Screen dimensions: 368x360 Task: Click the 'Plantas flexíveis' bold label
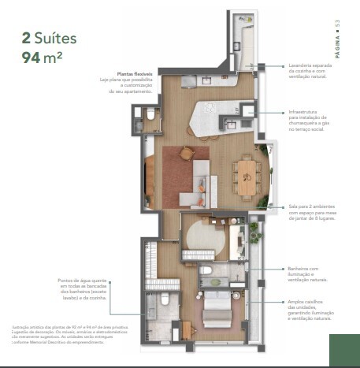(134, 72)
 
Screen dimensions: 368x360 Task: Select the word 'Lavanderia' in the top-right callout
(302, 66)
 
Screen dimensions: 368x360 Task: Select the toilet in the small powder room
(150, 115)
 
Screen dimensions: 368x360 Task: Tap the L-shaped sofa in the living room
(196, 181)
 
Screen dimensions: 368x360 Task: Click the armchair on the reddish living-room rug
(186, 153)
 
